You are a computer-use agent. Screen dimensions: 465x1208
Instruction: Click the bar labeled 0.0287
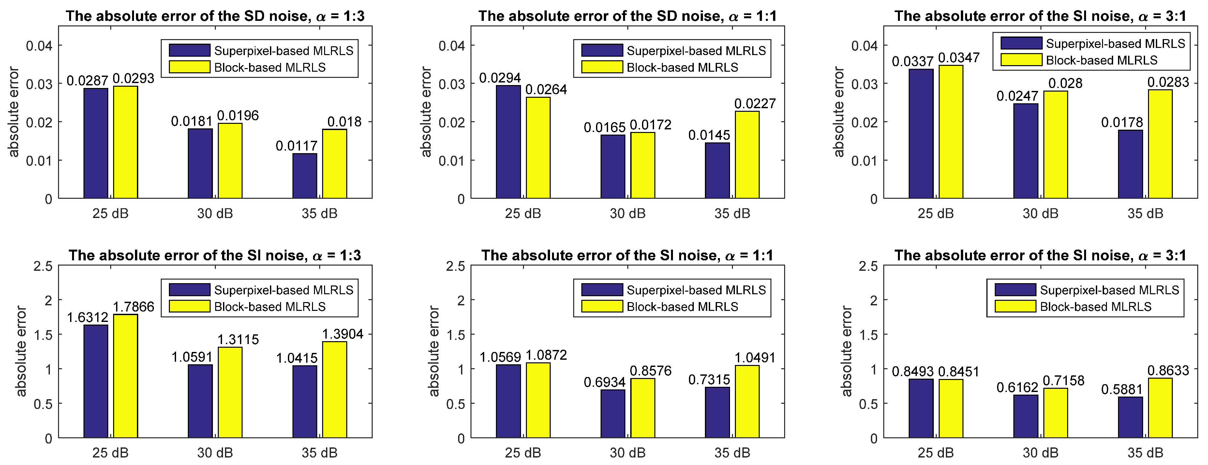(96, 143)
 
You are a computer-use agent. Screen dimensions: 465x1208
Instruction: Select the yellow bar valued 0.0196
(230, 161)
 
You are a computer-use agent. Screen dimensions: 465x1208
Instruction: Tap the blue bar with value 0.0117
(305, 176)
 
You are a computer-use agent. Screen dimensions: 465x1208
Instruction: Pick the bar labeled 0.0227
(747, 155)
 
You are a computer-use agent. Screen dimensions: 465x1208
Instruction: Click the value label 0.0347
(959, 58)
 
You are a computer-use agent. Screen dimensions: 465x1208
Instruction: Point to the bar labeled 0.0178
(1130, 164)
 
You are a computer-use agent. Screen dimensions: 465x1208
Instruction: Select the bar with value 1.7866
(125, 376)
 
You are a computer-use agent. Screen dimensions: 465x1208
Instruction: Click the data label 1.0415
(296, 358)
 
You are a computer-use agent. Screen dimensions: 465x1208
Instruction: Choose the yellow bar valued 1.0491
(747, 402)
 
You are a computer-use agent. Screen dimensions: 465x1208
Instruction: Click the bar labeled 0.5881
(1130, 417)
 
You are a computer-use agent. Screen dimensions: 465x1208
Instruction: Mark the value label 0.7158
(1064, 380)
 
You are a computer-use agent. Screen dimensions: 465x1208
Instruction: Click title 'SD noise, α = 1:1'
(627, 16)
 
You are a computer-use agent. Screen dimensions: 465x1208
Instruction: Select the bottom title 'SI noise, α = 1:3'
(215, 255)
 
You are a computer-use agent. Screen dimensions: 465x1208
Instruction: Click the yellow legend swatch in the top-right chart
(1021, 60)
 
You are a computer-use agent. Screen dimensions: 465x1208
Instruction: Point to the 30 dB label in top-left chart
(215, 214)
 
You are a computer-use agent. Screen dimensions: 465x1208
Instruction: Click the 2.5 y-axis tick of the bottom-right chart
(868, 266)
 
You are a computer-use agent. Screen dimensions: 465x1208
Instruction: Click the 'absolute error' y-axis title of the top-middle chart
(426, 111)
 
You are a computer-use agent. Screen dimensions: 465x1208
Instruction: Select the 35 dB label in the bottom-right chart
(1145, 453)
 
